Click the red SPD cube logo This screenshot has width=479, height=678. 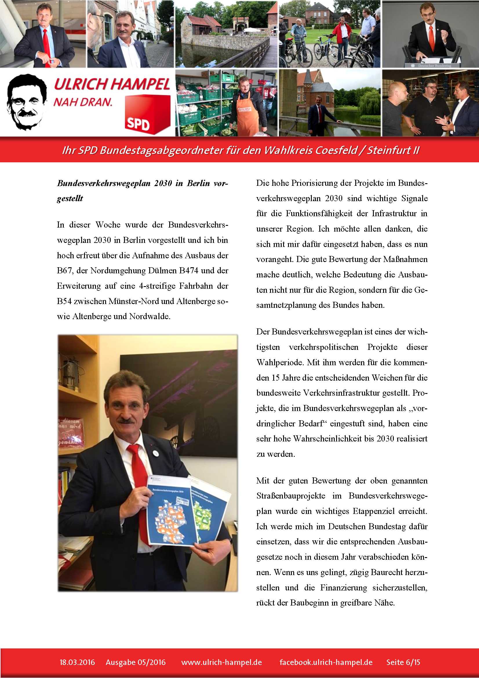[147, 114]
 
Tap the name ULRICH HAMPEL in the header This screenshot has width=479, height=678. [112, 84]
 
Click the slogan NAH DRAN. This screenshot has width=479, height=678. [83, 102]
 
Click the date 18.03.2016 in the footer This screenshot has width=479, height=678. [77, 662]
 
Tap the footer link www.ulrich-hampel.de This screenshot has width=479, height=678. [222, 662]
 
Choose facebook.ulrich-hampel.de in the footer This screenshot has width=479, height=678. [326, 662]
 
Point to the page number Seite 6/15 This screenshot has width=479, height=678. [403, 662]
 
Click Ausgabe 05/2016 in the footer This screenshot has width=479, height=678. [136, 662]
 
